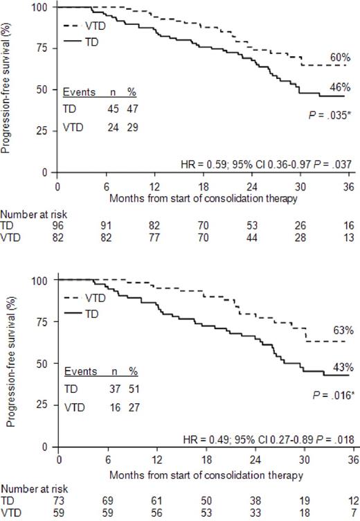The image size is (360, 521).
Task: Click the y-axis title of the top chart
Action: pyautogui.click(x=9, y=87)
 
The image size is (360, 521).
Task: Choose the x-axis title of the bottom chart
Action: pyautogui.click(x=206, y=476)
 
